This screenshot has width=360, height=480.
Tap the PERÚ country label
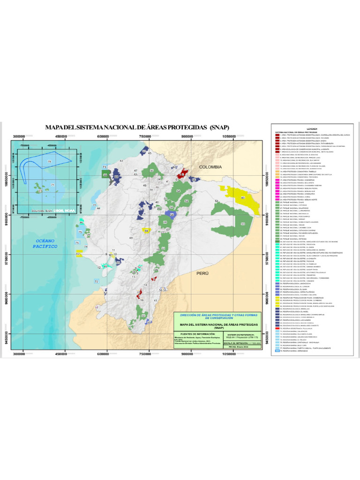(202, 272)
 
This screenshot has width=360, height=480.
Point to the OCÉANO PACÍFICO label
(46, 243)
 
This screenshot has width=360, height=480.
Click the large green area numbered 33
(243, 225)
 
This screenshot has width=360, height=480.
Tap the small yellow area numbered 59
(146, 231)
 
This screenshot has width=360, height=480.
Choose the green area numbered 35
(151, 172)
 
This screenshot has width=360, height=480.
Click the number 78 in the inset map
(50, 162)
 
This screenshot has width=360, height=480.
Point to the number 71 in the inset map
(52, 185)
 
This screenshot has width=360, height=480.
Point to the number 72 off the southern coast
(96, 282)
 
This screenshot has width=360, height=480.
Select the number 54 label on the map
(217, 201)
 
